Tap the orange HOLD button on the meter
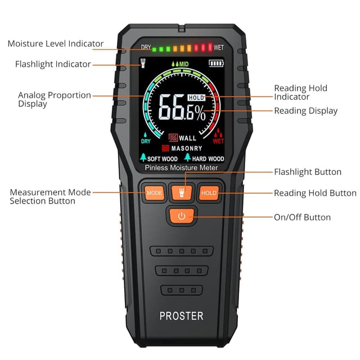tap(208, 193)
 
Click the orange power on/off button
tap(181, 216)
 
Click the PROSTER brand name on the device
tap(181, 316)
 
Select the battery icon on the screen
tap(215, 64)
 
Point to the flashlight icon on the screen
tap(143, 63)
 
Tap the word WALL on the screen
tap(187, 138)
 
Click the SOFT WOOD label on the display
tap(162, 159)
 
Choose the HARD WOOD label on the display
tap(208, 159)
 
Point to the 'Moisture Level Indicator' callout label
tap(55, 43)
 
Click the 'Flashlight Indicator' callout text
tap(53, 64)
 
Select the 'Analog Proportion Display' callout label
tap(54, 99)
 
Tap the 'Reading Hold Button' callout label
tap(315, 193)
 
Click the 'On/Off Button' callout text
tap(302, 217)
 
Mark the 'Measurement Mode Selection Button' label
tap(50, 196)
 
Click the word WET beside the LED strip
tap(218, 48)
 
